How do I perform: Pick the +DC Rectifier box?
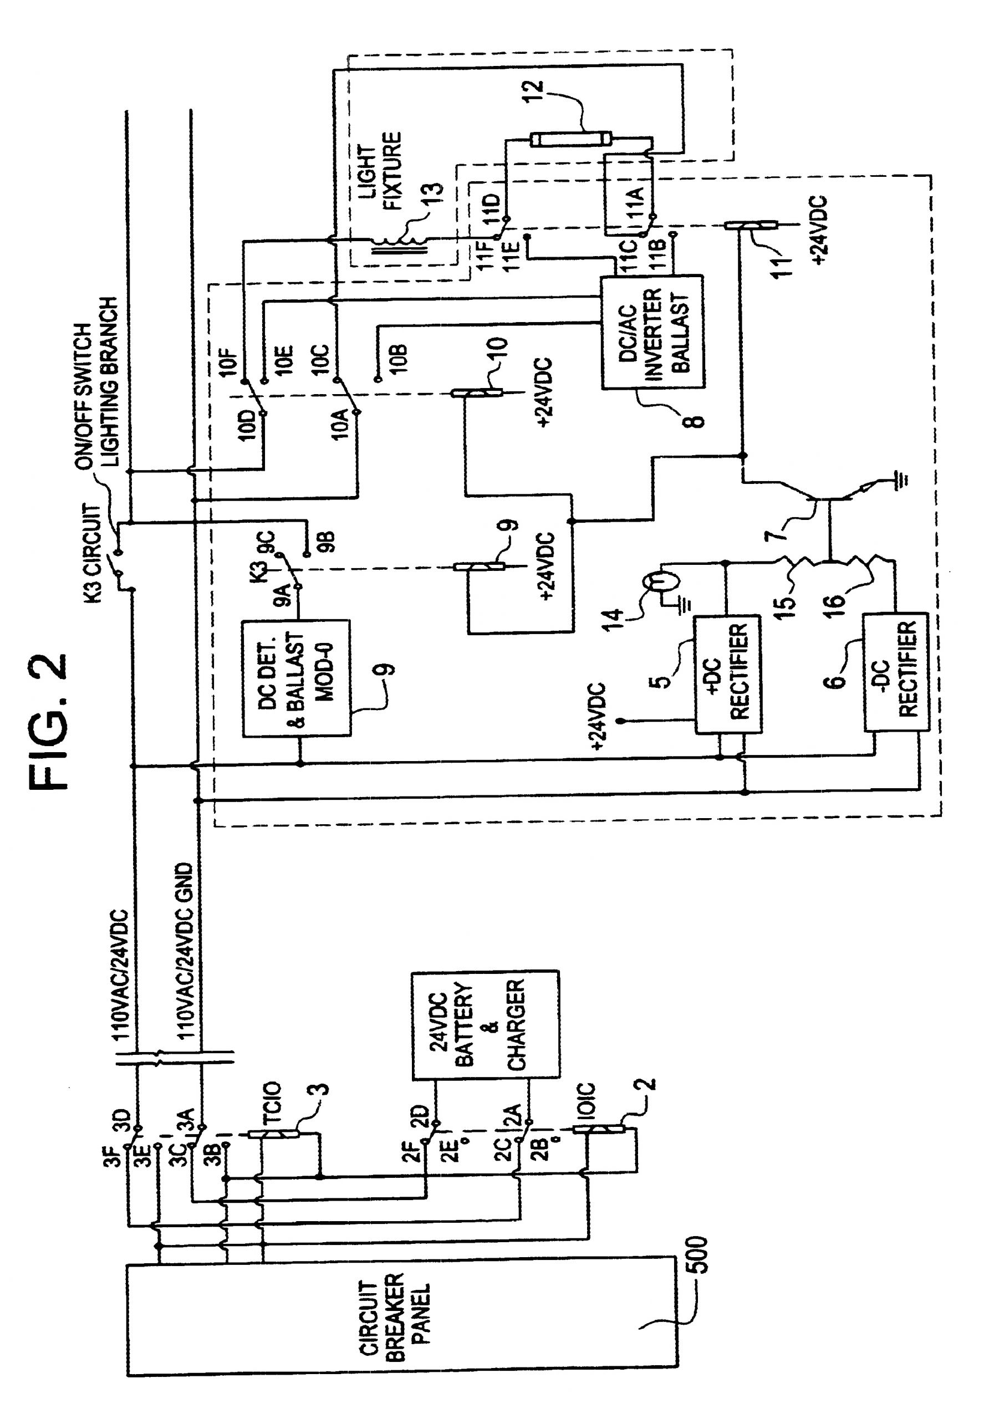[x=727, y=675]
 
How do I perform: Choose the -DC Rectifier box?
[x=896, y=672]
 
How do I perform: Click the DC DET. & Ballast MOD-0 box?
[x=297, y=678]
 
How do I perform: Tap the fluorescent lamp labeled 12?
[x=570, y=139]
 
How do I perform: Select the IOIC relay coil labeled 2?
[x=599, y=1129]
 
